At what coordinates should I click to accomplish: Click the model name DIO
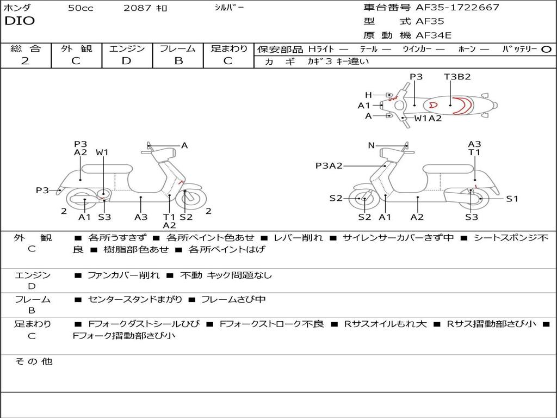click(20, 21)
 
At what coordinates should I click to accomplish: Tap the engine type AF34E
click(434, 35)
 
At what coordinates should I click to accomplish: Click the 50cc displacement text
click(81, 8)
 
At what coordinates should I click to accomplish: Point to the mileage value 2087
click(138, 8)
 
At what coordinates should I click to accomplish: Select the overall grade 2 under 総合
click(25, 61)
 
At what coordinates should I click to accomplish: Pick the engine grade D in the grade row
click(126, 61)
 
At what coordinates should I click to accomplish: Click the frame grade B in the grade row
click(178, 61)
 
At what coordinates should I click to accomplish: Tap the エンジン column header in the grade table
click(127, 48)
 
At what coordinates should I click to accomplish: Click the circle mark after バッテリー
click(546, 49)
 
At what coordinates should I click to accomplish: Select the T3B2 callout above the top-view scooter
click(457, 77)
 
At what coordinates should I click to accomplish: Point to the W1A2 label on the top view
click(428, 118)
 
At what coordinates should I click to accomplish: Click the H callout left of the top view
click(368, 95)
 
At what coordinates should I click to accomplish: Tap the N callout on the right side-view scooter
click(371, 145)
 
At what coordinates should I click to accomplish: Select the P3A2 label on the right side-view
click(329, 166)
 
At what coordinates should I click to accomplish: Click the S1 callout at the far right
click(512, 199)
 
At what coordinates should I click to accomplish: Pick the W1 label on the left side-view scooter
click(102, 153)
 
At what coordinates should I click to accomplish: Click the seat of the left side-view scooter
click(114, 169)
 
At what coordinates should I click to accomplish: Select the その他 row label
click(33, 361)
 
